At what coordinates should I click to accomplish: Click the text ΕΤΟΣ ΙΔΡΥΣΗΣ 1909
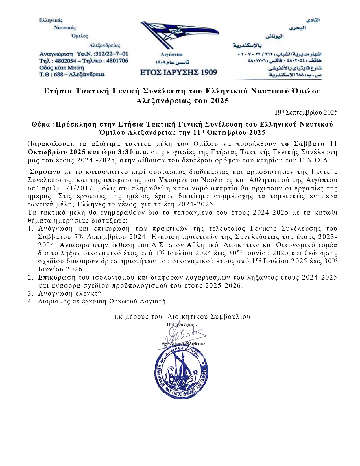(x=178, y=72)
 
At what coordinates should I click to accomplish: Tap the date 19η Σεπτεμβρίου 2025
(x=306, y=112)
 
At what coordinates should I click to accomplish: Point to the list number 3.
(x=30, y=293)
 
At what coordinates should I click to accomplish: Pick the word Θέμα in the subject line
(x=41, y=125)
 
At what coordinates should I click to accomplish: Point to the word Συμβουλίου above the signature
(x=230, y=317)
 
